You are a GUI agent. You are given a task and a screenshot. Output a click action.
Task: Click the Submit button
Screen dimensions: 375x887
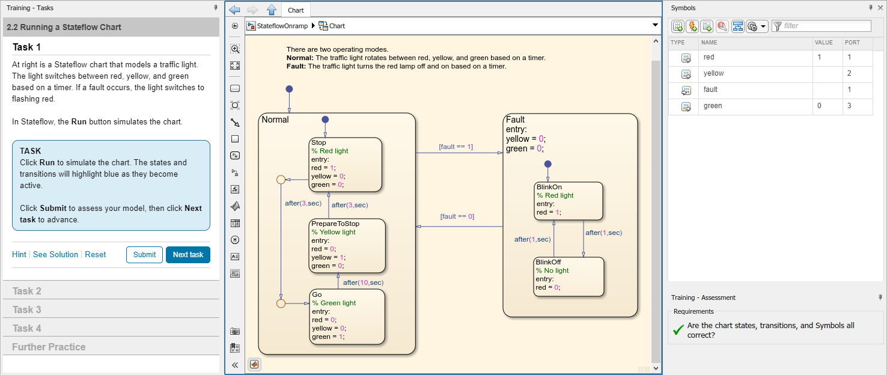144,255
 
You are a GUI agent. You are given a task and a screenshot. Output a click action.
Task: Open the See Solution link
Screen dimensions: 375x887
55,255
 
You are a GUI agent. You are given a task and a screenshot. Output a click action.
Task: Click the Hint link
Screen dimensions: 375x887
19,255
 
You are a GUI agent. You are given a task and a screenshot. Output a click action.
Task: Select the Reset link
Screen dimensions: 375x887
95,255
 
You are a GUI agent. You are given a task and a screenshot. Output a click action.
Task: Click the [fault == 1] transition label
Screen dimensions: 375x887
456,147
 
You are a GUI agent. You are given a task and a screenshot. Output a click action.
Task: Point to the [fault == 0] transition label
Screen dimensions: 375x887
457,216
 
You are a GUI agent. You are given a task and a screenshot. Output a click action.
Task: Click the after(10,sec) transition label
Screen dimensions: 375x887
363,282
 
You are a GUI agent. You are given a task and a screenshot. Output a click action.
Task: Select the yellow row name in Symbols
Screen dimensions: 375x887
713,74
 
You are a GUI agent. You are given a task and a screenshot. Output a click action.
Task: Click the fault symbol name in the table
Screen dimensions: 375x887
710,90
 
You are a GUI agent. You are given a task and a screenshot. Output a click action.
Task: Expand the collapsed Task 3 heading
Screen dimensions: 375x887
27,310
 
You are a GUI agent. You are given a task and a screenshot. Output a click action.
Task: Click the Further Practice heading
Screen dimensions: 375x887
49,347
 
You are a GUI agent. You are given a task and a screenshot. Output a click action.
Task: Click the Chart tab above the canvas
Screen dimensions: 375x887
296,10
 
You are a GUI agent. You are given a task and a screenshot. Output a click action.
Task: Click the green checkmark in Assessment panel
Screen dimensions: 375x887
678,330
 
